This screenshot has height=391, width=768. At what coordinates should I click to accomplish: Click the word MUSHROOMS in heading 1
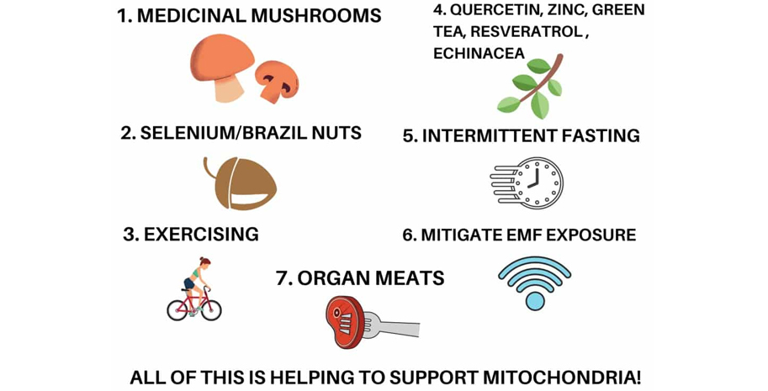316,16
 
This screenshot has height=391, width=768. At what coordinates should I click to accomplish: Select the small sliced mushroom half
277,82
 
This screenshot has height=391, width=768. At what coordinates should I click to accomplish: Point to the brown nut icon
241,182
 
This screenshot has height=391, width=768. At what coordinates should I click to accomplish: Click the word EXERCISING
201,235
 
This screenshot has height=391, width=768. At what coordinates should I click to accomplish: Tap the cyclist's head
204,263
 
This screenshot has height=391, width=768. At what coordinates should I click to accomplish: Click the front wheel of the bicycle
211,309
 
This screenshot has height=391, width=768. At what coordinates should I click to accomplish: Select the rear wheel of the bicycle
177,309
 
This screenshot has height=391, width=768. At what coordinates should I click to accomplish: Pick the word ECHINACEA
479,53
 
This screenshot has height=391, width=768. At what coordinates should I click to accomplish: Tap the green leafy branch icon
530,86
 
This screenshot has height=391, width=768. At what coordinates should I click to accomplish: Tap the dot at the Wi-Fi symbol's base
534,300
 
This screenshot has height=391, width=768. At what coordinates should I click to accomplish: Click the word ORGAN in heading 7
331,278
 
